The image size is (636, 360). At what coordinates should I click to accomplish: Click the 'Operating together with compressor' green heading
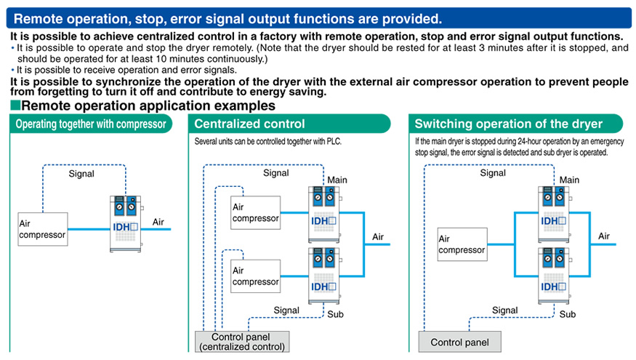coord(91,124)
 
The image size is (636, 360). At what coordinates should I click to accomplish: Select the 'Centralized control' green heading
coord(289,124)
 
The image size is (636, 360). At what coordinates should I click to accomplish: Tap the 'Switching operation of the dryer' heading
coord(515,124)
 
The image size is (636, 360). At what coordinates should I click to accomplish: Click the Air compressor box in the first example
coord(43,229)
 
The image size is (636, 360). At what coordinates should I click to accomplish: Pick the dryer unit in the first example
coord(126,223)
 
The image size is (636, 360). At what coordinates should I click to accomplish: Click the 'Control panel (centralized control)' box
coord(242,342)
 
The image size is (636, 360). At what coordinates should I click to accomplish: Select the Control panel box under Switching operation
coord(459,342)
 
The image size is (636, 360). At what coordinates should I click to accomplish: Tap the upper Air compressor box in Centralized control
coord(256,212)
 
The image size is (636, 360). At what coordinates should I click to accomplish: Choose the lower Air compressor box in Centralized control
coord(256,276)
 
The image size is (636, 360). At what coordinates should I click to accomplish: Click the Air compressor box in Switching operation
coord(462,244)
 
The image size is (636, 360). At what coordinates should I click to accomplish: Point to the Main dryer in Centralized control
coord(324,215)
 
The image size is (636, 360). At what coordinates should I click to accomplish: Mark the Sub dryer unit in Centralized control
coord(324,276)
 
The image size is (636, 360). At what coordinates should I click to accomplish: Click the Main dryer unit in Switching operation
coord(554,215)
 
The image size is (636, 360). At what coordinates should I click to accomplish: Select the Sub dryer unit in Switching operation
coord(554,276)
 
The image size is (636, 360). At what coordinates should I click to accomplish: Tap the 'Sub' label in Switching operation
coord(568,314)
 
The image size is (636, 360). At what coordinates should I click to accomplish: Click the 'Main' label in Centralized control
coord(337,180)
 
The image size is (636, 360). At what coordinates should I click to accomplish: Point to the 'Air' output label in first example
coord(158,222)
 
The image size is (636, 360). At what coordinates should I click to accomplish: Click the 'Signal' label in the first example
coord(81,174)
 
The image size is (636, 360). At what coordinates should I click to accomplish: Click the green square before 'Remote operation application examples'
coord(15,105)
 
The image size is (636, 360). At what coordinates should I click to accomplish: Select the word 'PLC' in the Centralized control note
coord(334,141)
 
